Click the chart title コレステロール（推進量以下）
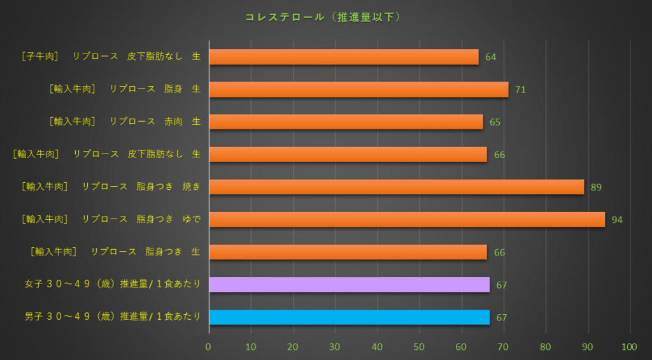pyautogui.click(x=323, y=17)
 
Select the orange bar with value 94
pyautogui.click(x=407, y=219)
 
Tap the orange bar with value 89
pyautogui.click(x=396, y=187)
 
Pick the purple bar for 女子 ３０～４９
pyautogui.click(x=349, y=284)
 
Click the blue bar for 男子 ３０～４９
pyautogui.click(x=349, y=317)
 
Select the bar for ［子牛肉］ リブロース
pyautogui.click(x=344, y=57)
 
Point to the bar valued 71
pyautogui.click(x=358, y=89)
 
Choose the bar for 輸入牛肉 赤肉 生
pyautogui.click(x=346, y=122)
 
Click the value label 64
pyautogui.click(x=490, y=57)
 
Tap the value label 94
pyautogui.click(x=616, y=220)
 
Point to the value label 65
pyautogui.click(x=495, y=122)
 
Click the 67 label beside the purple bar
pyautogui.click(x=501, y=285)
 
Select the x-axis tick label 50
pyautogui.click(x=419, y=347)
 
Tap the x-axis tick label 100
pyautogui.click(x=629, y=347)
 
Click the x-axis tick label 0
pyautogui.click(x=208, y=347)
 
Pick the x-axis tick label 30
pyautogui.click(x=335, y=347)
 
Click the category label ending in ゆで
pyautogui.click(x=111, y=219)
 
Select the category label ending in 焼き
pyautogui.click(x=111, y=187)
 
